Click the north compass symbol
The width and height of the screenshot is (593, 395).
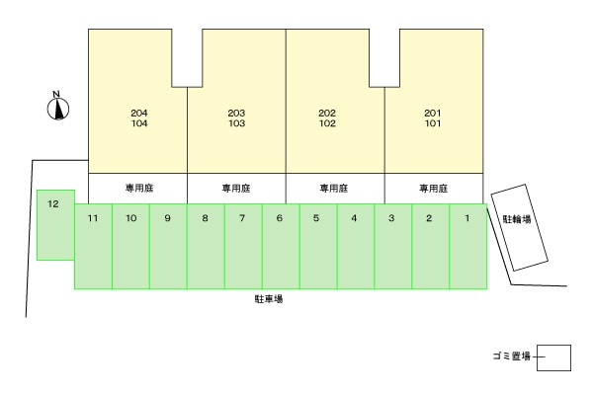click(x=58, y=109)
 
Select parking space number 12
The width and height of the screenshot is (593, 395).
click(x=55, y=225)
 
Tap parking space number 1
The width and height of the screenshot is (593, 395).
click(x=468, y=247)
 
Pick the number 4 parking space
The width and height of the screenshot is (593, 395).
click(x=356, y=247)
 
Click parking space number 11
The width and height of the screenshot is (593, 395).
click(x=94, y=247)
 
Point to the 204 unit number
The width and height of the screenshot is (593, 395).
click(x=139, y=113)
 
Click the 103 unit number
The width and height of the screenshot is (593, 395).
click(x=237, y=123)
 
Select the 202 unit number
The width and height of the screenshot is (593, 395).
click(x=327, y=113)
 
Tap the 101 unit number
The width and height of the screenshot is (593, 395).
click(x=433, y=123)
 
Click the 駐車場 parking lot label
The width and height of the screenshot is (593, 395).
click(x=269, y=299)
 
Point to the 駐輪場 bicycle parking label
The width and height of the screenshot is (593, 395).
click(x=517, y=219)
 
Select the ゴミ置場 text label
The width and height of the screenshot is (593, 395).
click(x=512, y=356)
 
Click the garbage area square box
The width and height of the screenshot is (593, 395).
click(x=554, y=357)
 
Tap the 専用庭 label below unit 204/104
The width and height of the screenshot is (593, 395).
click(x=139, y=188)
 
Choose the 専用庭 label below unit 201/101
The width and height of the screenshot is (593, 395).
click(x=434, y=189)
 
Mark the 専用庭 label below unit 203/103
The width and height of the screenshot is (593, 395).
click(x=236, y=189)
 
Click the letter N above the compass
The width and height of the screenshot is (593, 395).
click(x=56, y=94)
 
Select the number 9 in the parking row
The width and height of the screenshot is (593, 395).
click(x=168, y=218)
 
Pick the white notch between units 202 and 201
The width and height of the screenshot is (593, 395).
click(x=384, y=58)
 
